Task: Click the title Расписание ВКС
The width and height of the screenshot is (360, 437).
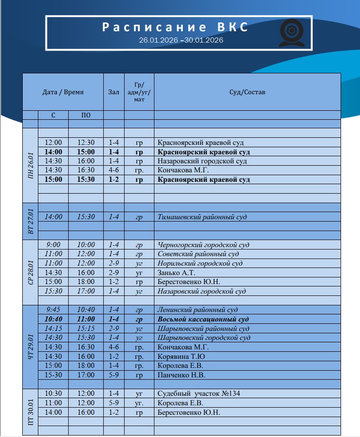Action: pyautogui.click(x=175, y=27)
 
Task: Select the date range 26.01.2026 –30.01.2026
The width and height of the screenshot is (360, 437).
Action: pyautogui.click(x=181, y=40)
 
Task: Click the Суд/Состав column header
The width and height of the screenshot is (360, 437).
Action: pyautogui.click(x=247, y=92)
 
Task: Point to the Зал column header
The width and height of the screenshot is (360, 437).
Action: pyautogui.click(x=114, y=92)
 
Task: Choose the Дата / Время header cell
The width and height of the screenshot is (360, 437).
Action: pyautogui.click(x=63, y=92)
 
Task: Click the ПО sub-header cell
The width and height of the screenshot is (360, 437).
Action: pyautogui.click(x=86, y=115)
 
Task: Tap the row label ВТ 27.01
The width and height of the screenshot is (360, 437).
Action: pyautogui.click(x=30, y=221)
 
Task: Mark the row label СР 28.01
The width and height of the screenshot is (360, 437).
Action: pyautogui.click(x=30, y=272)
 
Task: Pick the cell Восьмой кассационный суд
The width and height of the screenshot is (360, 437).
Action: pyautogui.click(x=203, y=319)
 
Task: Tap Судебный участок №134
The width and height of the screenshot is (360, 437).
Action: pyautogui.click(x=198, y=393)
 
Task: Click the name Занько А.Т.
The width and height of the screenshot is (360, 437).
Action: pyautogui.click(x=176, y=273)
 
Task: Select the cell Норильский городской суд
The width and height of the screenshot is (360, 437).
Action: pyautogui.click(x=200, y=263)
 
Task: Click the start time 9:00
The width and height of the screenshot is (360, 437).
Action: pyautogui.click(x=54, y=245)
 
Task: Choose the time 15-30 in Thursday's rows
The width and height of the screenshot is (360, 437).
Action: pyautogui.click(x=54, y=375)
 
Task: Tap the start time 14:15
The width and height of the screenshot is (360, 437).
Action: pyautogui.click(x=54, y=329)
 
